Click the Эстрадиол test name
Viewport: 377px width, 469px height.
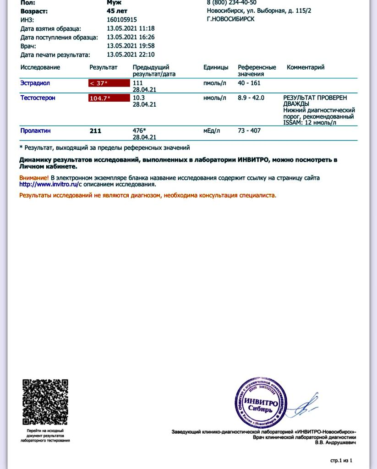(35, 83)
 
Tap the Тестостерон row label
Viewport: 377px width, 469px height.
(38, 98)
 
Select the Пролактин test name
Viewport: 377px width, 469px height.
(35, 131)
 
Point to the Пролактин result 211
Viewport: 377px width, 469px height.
(95, 131)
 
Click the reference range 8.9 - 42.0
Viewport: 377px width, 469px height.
(251, 98)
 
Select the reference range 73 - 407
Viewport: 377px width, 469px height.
(249, 131)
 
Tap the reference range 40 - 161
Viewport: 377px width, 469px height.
(249, 83)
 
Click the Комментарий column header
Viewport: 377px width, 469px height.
(305, 67)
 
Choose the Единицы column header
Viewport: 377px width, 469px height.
(216, 67)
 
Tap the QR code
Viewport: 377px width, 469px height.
(45, 402)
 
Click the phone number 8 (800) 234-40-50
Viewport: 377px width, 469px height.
(232, 2)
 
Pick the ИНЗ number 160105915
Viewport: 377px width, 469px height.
(121, 20)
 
